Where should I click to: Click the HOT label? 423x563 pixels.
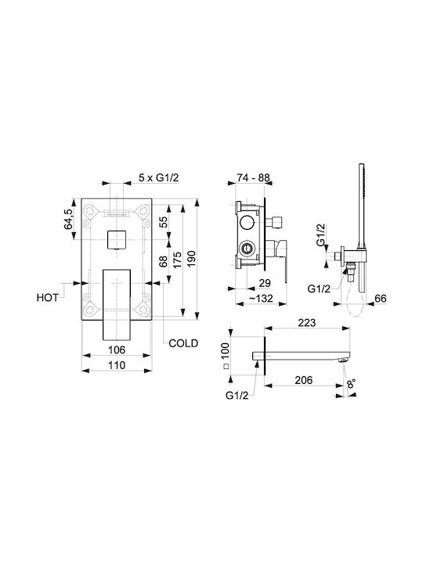click(x=48, y=298)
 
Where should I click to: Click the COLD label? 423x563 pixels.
click(x=183, y=343)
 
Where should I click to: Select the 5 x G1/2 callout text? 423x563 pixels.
click(x=158, y=178)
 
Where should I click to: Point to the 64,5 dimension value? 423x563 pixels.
click(x=69, y=219)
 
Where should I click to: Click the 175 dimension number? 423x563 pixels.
click(x=177, y=260)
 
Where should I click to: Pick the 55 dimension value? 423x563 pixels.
click(x=163, y=222)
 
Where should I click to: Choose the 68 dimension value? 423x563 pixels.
click(x=163, y=261)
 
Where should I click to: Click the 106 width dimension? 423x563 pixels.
click(x=117, y=350)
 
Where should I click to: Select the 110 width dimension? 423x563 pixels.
click(x=117, y=365)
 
